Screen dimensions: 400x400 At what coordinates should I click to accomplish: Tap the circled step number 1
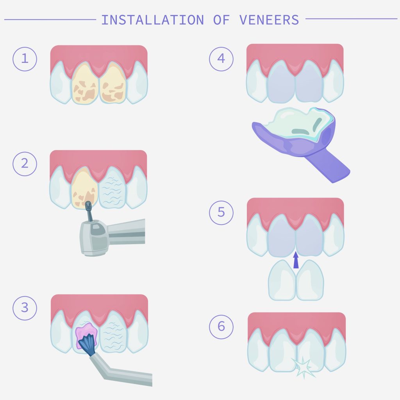point(25,59)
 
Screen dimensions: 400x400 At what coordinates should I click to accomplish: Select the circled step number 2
point(25,163)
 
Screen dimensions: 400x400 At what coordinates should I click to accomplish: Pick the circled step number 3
point(25,307)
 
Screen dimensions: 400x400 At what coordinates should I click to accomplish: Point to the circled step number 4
point(221,59)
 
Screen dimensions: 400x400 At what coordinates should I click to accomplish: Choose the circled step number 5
point(221,212)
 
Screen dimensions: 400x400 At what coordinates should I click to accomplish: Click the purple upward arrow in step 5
point(296,260)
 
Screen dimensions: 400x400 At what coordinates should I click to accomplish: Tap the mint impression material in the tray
point(297,123)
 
